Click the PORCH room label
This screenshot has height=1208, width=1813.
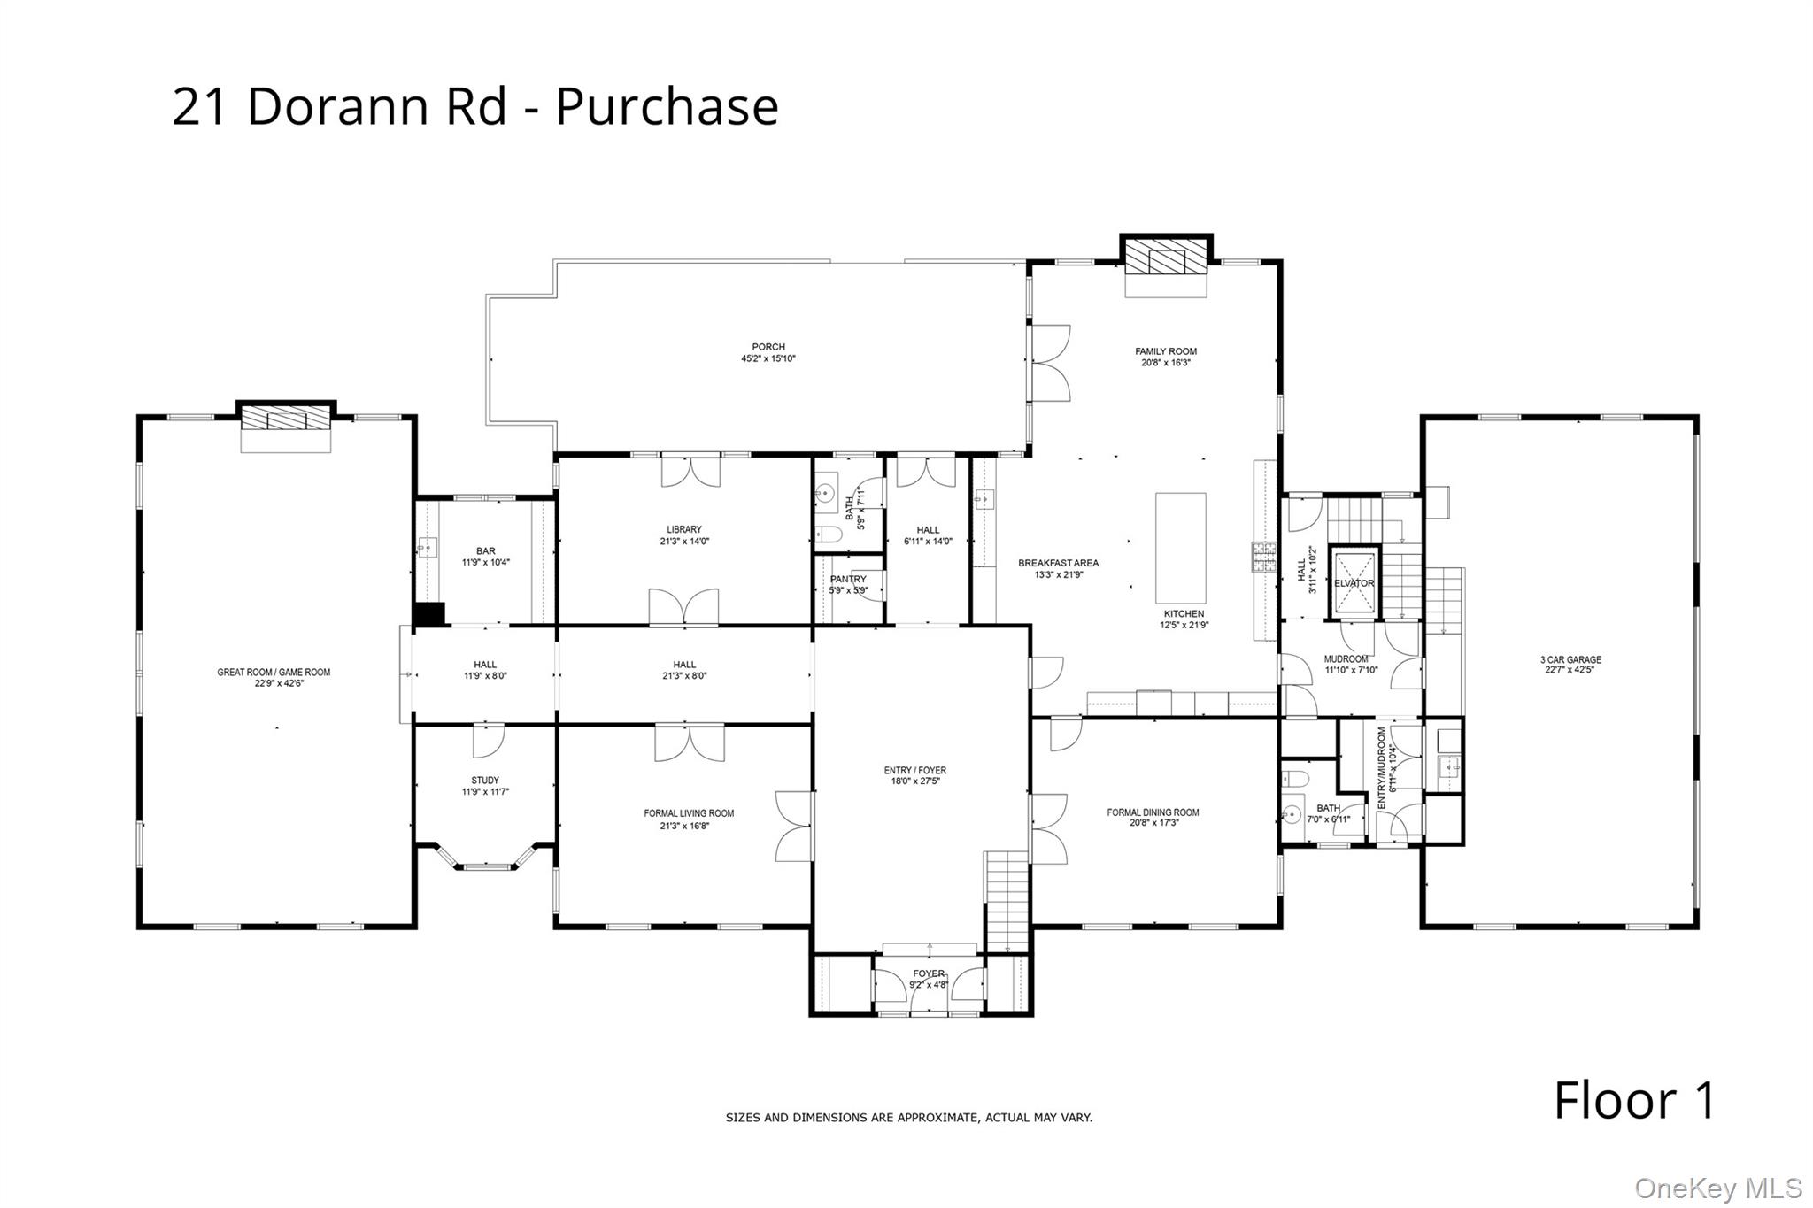point(768,347)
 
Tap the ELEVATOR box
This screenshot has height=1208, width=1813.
point(1354,583)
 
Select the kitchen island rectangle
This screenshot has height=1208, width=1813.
point(1180,548)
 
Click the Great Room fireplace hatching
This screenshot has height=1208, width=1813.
point(286,419)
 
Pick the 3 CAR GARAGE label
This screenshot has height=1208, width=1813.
point(1570,659)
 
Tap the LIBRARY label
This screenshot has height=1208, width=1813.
point(684,529)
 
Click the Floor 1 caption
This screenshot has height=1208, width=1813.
point(1634,1100)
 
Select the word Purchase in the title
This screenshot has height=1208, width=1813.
point(667,106)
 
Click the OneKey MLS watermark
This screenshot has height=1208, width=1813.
point(1717,1188)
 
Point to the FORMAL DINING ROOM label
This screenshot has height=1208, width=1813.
point(1153,812)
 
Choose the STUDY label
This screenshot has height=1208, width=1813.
point(485,781)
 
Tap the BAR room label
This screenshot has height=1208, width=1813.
point(486,551)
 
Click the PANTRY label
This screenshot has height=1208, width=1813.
point(848,580)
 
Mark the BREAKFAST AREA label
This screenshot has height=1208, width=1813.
point(1059,563)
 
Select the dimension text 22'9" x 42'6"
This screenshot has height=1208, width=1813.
point(274,683)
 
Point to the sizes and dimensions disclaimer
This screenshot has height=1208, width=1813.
point(909,1118)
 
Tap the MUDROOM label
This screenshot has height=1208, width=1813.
point(1346,659)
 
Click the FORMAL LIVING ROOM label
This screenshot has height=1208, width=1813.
point(689,813)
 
